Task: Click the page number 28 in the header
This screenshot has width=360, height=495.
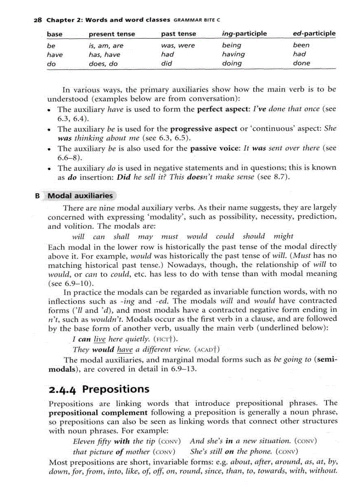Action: [x=37, y=20]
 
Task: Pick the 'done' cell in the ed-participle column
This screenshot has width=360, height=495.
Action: [x=301, y=63]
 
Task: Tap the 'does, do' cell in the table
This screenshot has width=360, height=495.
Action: [x=103, y=64]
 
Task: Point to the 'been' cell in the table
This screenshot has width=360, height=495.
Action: [x=301, y=45]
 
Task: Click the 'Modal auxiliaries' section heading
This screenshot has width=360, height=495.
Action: [x=80, y=196]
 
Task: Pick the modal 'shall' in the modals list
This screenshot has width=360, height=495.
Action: [x=121, y=236]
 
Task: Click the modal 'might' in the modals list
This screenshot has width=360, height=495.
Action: [x=283, y=236]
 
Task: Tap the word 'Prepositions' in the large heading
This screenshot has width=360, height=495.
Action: [x=116, y=389]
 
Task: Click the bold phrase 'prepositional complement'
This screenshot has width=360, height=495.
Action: [x=97, y=413]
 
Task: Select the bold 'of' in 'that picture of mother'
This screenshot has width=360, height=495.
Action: [x=120, y=452]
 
